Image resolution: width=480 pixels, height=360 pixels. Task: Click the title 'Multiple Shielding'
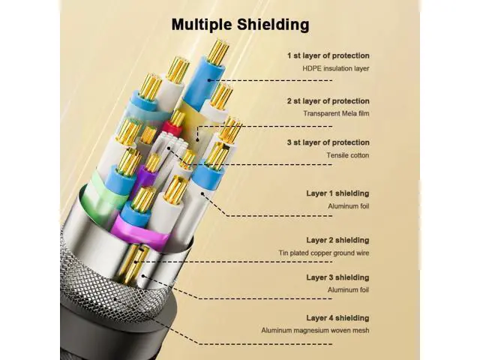(x=240, y=25)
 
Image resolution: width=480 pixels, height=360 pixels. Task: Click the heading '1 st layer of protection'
(x=328, y=55)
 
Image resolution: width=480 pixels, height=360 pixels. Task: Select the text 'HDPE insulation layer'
(x=336, y=68)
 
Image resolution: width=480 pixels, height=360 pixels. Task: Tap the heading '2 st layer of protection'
(x=328, y=101)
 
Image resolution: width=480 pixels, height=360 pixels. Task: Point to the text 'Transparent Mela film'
(x=337, y=113)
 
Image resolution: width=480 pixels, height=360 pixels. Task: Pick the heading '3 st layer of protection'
(x=328, y=142)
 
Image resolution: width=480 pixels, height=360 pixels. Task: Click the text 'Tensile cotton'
(x=348, y=155)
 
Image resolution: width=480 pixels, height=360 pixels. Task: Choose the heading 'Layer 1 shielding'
(x=337, y=193)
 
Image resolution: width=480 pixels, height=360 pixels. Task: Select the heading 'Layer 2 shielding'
(x=337, y=240)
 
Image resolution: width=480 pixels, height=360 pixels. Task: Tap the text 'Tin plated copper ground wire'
(x=324, y=253)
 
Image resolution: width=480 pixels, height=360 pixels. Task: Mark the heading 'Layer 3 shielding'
(x=337, y=277)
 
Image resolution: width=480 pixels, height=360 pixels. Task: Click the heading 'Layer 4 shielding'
(x=337, y=318)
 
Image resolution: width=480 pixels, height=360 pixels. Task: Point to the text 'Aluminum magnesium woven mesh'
(x=315, y=331)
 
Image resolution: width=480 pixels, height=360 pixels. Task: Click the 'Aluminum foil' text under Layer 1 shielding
(x=348, y=206)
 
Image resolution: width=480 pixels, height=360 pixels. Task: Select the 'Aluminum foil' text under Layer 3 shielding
(x=348, y=290)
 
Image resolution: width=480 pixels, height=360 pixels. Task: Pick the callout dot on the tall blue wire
(x=209, y=80)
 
